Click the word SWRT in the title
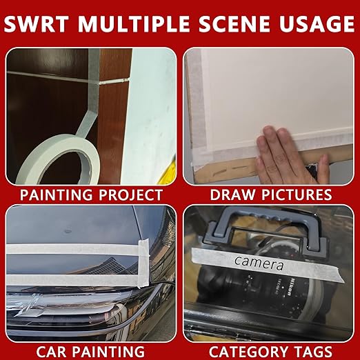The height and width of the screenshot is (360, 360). click(37, 23)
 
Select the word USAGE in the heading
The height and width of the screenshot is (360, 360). click(317, 23)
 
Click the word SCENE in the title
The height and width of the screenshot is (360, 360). click(234, 23)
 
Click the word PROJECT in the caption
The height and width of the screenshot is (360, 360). click(131, 195)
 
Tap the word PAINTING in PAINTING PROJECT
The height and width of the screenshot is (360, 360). click(56, 195)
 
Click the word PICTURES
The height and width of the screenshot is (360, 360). click(297, 194)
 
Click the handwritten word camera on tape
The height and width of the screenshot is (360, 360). click(259, 263)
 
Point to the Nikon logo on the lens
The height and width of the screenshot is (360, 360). click(288, 286)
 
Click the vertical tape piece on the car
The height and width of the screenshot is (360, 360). click(143, 263)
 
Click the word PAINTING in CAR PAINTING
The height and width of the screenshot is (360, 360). click(109, 351)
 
